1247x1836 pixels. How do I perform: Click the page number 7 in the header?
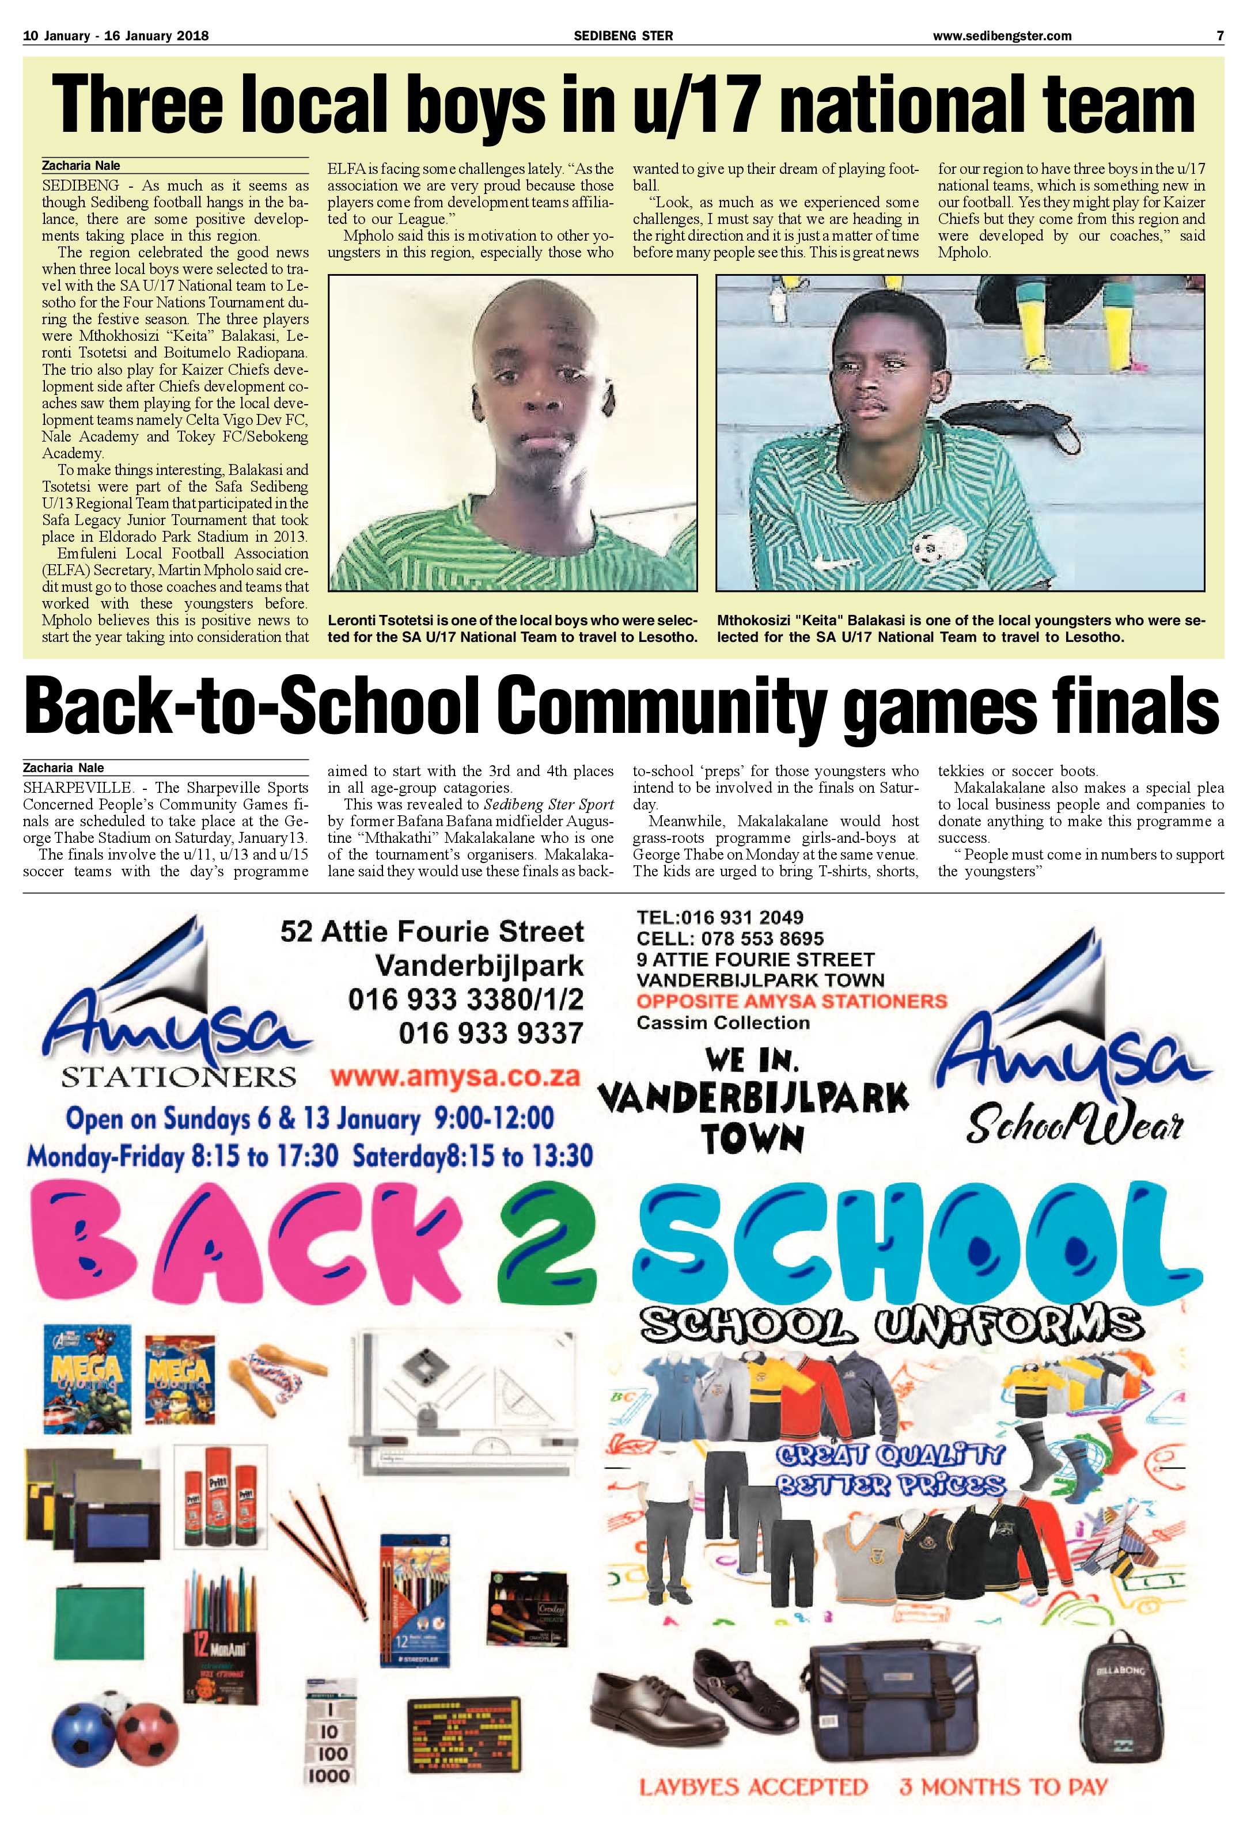coord(1219,36)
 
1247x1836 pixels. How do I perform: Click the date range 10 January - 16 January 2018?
coord(116,36)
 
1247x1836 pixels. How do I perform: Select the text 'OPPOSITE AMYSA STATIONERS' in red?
coord(791,1001)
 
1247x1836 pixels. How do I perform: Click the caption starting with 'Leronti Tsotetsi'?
coord(512,629)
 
